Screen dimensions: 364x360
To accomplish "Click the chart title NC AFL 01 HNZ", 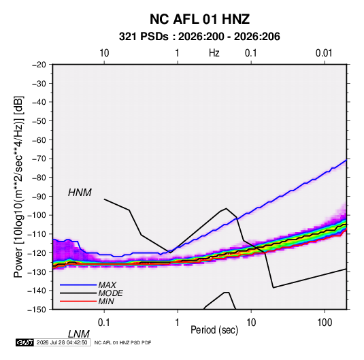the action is (x=199, y=19).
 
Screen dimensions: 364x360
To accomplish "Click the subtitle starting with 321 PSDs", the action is (x=199, y=37).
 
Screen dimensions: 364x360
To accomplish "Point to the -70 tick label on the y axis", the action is (x=39, y=159).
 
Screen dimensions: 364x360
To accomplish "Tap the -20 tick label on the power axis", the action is (x=39, y=65).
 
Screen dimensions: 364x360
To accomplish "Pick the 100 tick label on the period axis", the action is (x=325, y=323).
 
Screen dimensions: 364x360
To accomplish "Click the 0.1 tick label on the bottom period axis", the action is (x=104, y=323).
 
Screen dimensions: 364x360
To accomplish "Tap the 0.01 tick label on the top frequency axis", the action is (x=324, y=53).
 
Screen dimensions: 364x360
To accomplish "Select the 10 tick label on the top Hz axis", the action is (x=104, y=53).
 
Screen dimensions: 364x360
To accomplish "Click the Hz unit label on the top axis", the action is (x=214, y=53).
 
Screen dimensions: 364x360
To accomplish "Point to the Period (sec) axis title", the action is (x=214, y=330).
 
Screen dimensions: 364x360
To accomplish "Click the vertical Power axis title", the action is (x=18, y=187).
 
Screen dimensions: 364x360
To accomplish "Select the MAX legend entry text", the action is (x=107, y=285).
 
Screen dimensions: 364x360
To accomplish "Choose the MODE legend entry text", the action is (x=110, y=293).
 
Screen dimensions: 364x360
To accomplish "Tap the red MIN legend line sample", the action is (x=78, y=301).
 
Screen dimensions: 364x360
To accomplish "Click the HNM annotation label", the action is (x=80, y=193).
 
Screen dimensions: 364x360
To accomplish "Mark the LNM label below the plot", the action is (x=79, y=334).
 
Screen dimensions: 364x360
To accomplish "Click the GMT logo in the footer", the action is (x=24, y=342).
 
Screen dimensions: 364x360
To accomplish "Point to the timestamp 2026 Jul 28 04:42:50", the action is (x=62, y=342).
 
